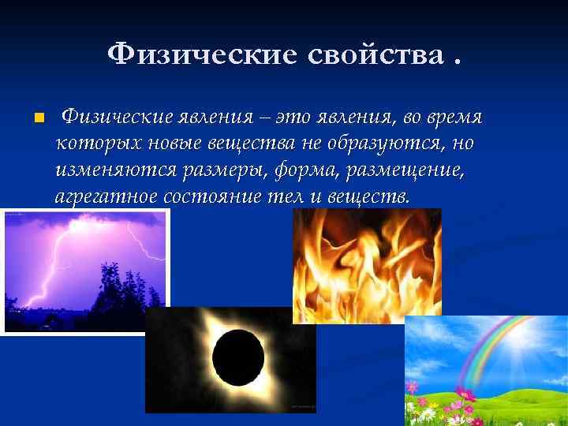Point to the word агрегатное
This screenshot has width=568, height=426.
104,196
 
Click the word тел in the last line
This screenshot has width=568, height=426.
286,196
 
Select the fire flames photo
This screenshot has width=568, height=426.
367,264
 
